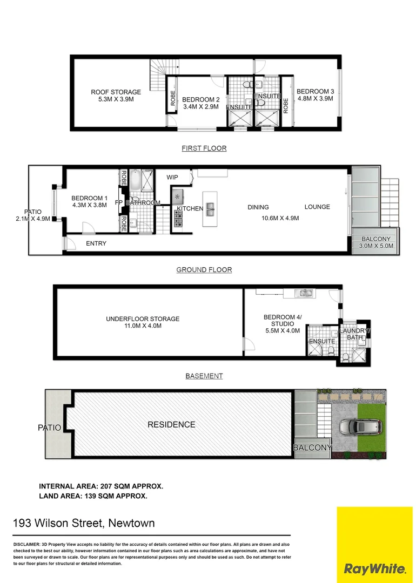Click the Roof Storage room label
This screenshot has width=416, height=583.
(116, 92)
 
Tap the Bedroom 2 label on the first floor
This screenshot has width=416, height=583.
(200, 100)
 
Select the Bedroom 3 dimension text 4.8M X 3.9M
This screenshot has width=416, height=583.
(314, 99)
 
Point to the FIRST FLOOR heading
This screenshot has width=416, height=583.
(204, 148)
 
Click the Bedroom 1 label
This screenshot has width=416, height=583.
(89, 198)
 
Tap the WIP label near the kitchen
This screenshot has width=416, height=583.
(172, 177)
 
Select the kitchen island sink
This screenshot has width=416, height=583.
(210, 207)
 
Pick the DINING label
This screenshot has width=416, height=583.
(258, 207)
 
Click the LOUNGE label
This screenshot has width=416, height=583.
(317, 207)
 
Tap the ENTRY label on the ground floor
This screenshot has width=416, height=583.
(96, 244)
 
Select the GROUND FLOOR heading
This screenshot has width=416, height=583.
(204, 270)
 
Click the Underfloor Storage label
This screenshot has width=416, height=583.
(143, 319)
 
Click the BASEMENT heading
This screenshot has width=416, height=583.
(204, 376)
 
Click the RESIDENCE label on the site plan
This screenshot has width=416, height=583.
(171, 425)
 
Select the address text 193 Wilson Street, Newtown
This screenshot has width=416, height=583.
(84, 523)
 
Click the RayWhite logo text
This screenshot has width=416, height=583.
(374, 569)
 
